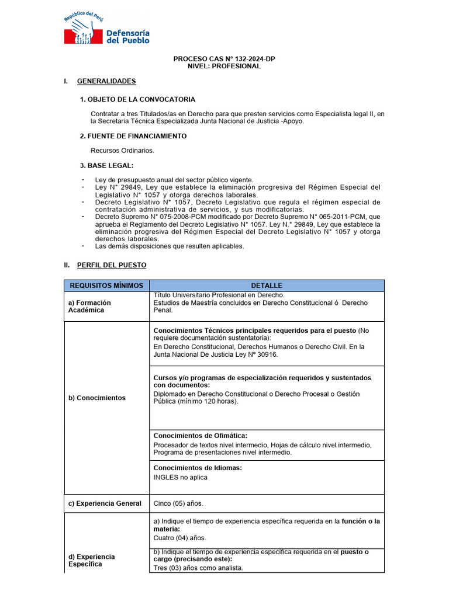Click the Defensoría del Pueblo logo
coord(106,29)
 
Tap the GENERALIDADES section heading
coord(106,81)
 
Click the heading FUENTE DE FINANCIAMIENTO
coord(133,136)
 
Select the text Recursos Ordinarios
coord(122,151)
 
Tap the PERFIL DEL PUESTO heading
coord(112,265)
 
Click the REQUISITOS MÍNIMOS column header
coord(106,286)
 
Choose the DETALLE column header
coord(267,286)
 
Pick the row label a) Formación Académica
coord(89,307)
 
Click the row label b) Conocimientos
coord(97,398)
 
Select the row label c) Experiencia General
coord(105,503)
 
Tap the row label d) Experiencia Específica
coord(91,561)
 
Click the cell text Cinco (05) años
coord(178,503)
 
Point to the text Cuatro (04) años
coord(179,538)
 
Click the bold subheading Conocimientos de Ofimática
coord(200,436)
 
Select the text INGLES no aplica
coord(180,477)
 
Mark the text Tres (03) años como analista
coord(198,568)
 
